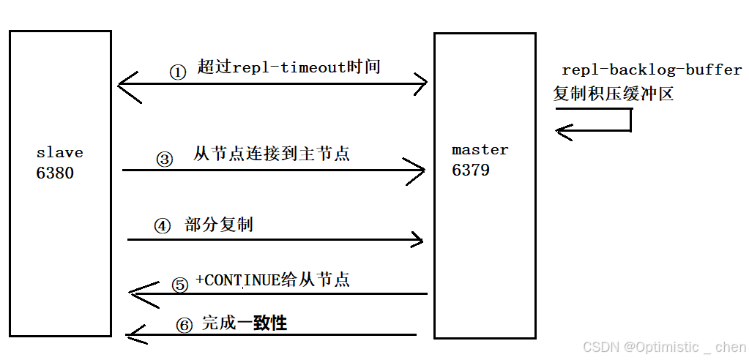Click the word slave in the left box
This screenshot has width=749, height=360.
[x=59, y=153]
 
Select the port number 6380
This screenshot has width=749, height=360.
[x=55, y=173]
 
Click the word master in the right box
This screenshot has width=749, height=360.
[x=480, y=150]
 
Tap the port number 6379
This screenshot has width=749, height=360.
[x=472, y=170]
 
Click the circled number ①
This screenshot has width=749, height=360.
[x=178, y=72]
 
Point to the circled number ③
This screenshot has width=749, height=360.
[x=165, y=159]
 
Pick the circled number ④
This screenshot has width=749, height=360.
[x=162, y=226]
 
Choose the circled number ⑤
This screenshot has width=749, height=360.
[x=180, y=285]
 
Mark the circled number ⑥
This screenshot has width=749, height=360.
[x=185, y=326]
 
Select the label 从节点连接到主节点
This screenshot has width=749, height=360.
[x=272, y=154]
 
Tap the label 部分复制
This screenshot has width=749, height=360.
[x=219, y=225]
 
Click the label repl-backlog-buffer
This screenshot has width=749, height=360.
[x=652, y=70]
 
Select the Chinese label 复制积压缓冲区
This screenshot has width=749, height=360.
[x=613, y=94]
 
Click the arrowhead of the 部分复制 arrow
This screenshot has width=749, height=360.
[x=417, y=239]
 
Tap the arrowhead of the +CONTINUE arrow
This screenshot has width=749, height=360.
[x=136, y=293]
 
